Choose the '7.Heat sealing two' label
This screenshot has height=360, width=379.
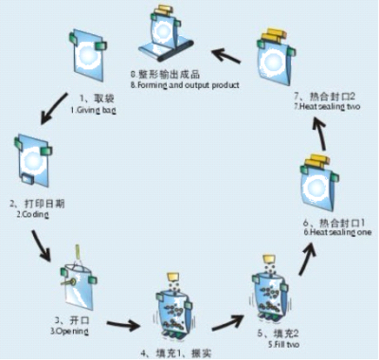(x=328, y=106)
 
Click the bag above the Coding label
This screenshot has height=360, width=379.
(x=32, y=162)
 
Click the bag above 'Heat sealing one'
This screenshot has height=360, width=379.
(x=317, y=186)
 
